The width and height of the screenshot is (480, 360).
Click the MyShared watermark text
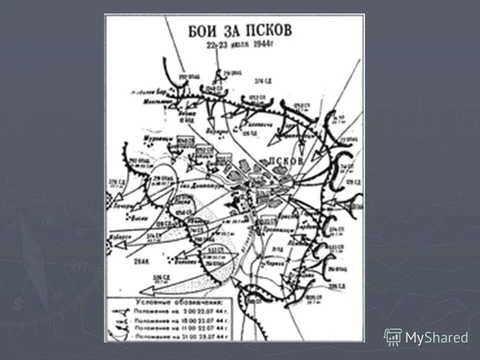click(x=436, y=338)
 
